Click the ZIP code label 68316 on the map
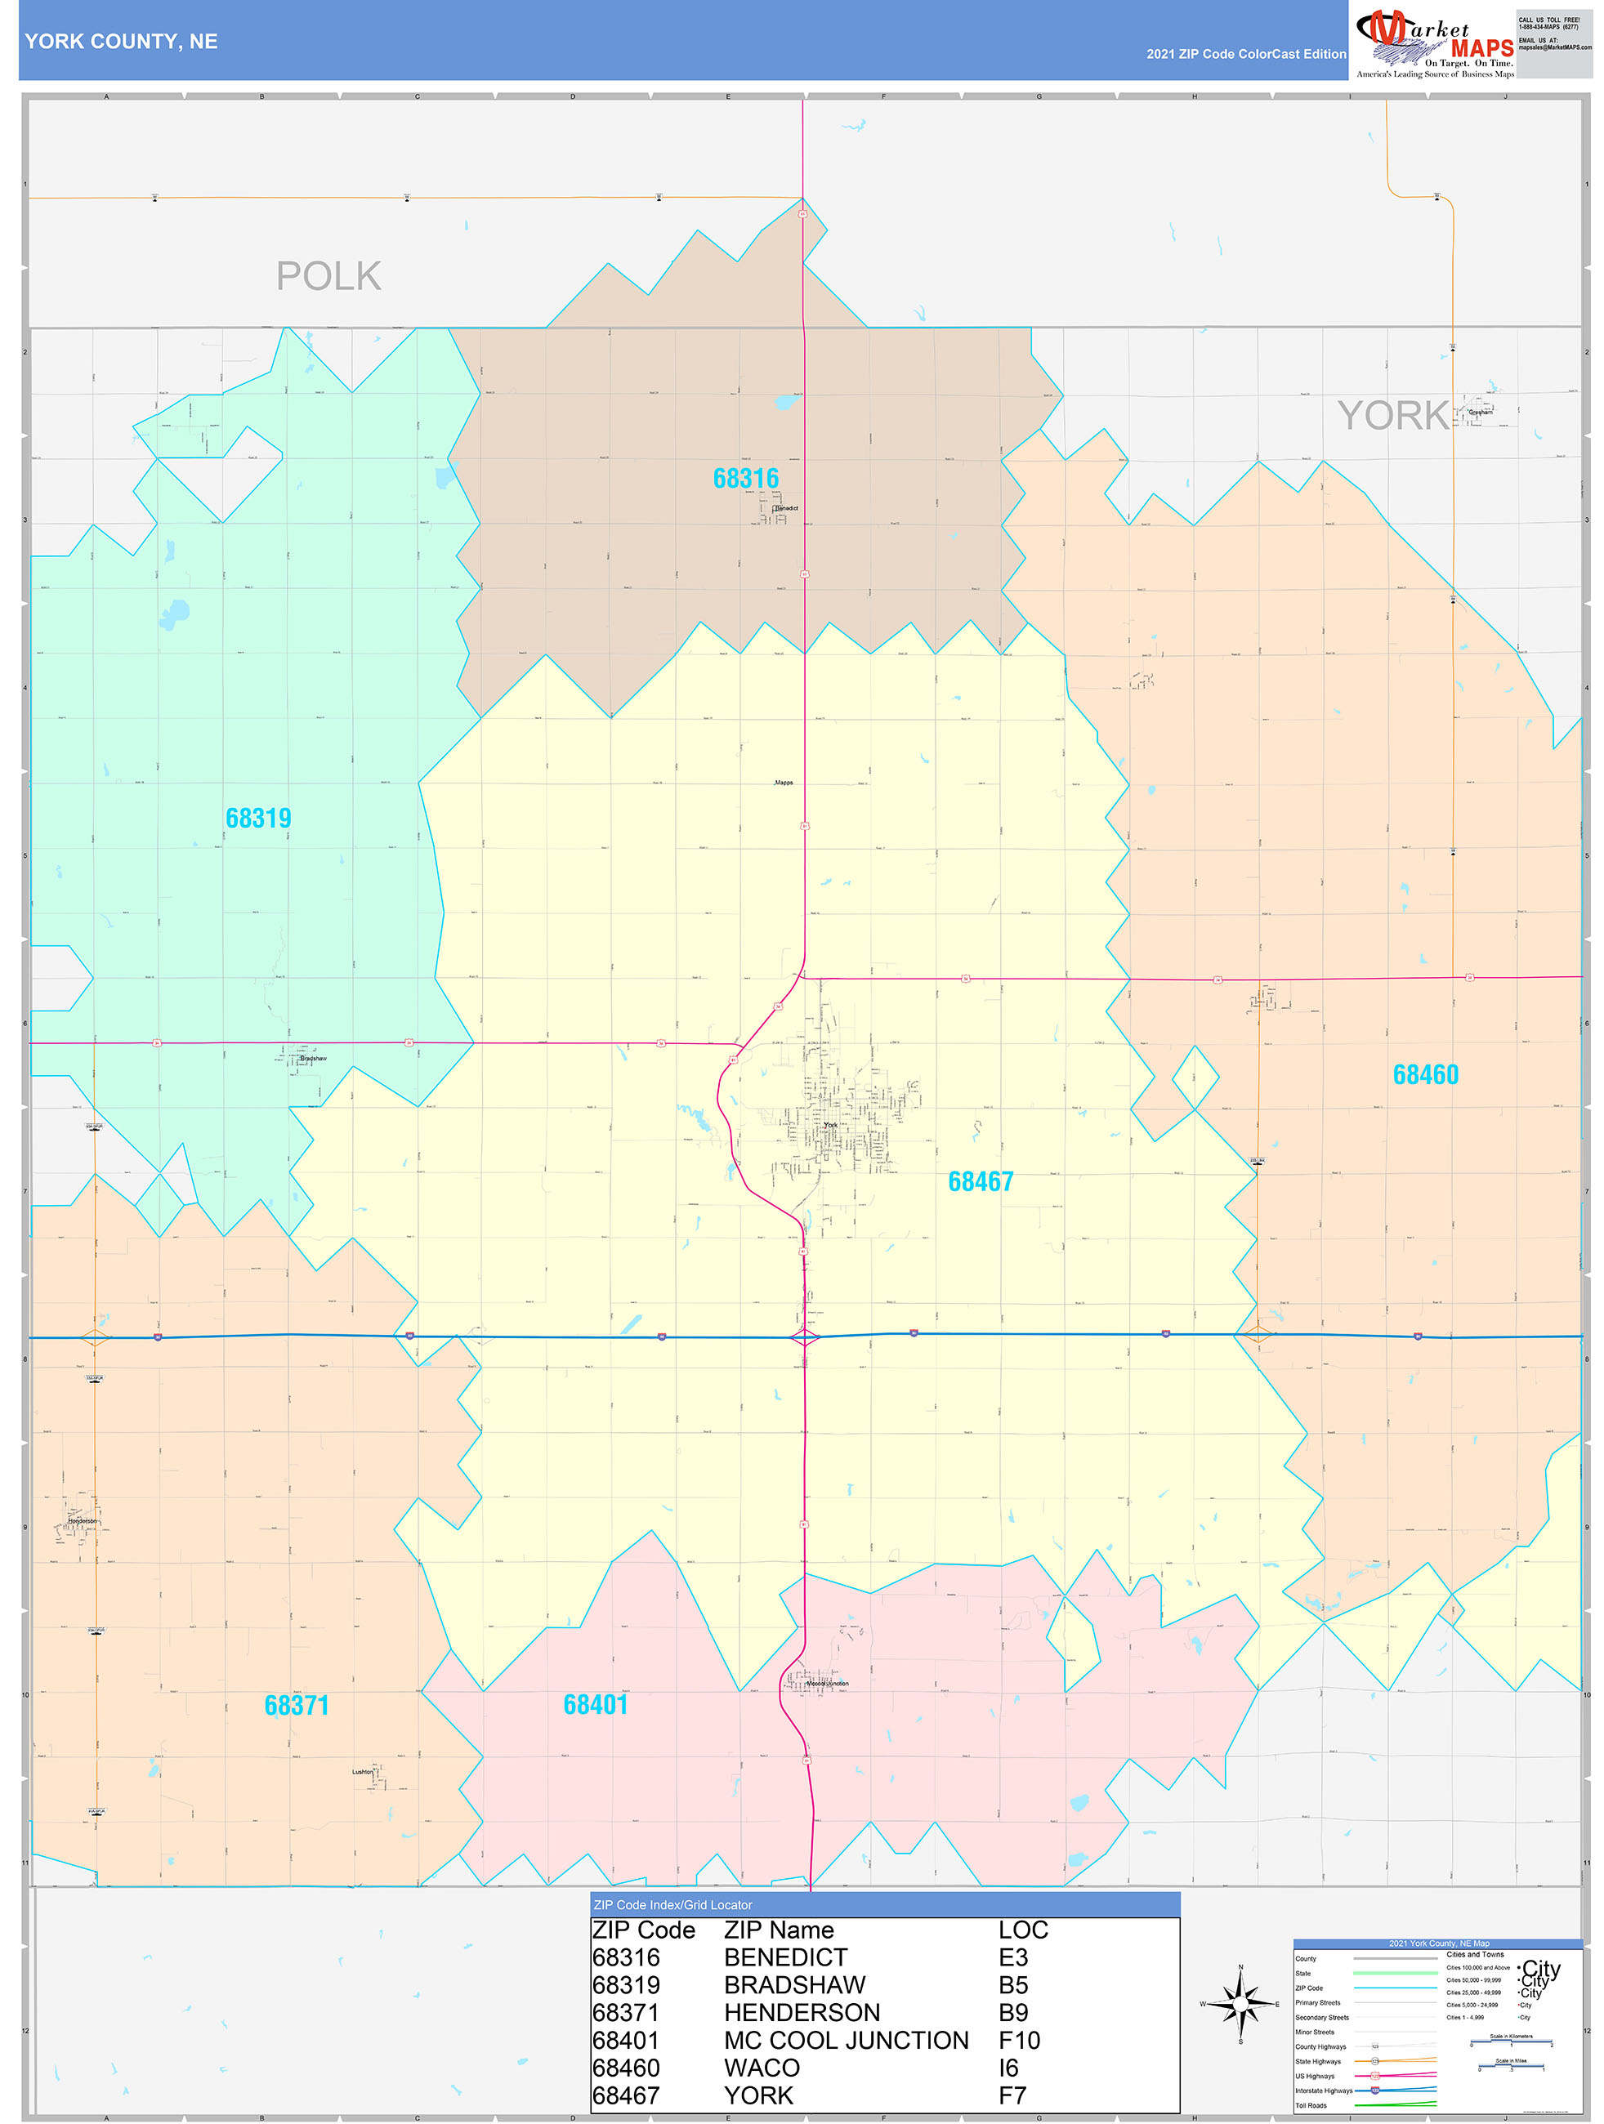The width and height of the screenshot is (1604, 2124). [x=745, y=478]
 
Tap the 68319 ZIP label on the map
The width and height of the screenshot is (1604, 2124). [x=258, y=818]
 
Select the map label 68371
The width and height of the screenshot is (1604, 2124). [x=297, y=1706]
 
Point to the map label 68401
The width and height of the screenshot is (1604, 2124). [x=596, y=1704]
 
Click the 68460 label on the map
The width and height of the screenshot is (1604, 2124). [x=1425, y=1074]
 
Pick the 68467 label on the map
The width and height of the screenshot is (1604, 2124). [x=981, y=1181]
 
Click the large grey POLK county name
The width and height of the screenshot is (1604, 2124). [x=328, y=277]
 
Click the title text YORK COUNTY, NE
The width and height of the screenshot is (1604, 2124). [x=121, y=42]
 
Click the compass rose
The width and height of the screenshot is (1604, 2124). [x=1240, y=2004]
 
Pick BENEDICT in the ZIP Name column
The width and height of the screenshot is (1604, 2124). [x=786, y=1957]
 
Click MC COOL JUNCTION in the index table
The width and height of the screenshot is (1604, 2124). [x=847, y=2041]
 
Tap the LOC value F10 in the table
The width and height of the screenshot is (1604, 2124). [x=1019, y=2041]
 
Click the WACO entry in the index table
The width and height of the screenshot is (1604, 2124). [x=762, y=2068]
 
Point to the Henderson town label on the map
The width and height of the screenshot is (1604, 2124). [x=82, y=1521]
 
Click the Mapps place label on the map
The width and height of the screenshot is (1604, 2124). [x=784, y=783]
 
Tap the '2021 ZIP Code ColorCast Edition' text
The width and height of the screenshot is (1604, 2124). [x=1246, y=54]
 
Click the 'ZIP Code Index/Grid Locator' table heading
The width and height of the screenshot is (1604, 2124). [x=672, y=1905]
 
